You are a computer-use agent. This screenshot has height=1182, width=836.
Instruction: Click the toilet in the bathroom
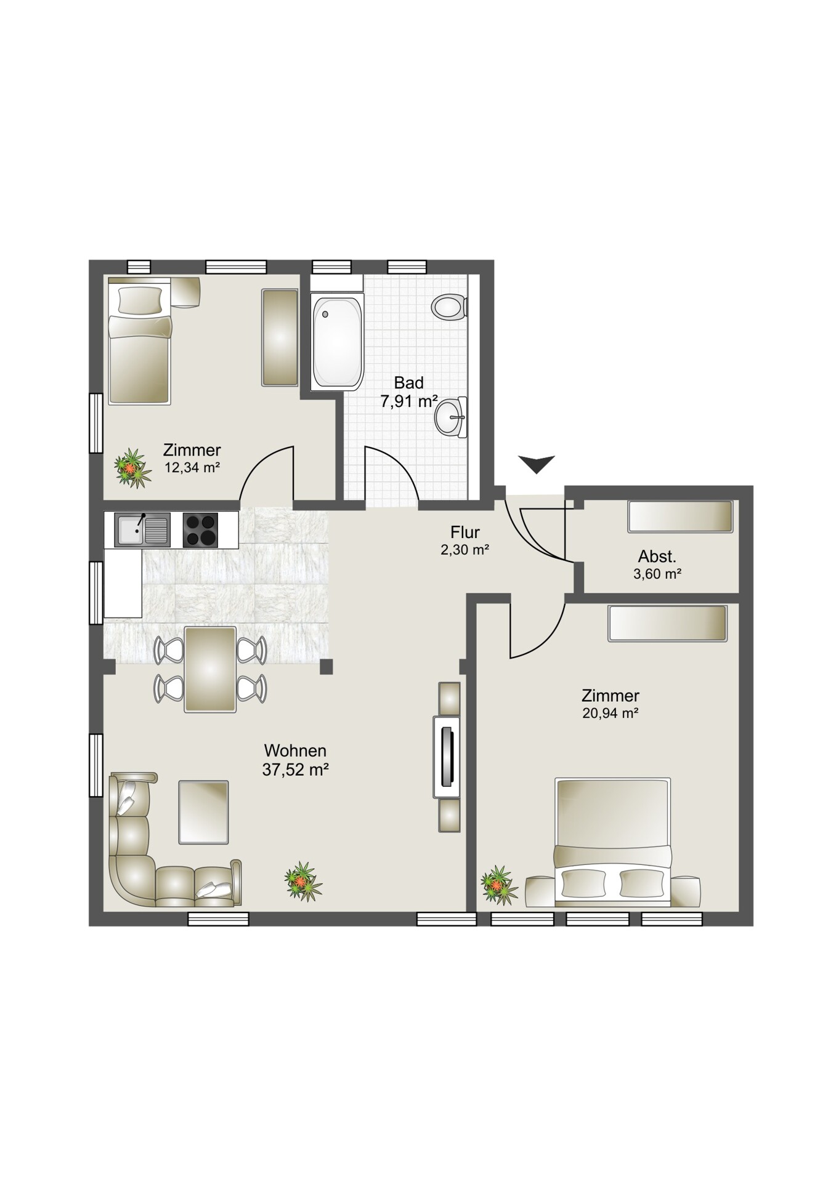(450, 307)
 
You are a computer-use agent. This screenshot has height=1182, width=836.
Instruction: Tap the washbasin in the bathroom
(452, 417)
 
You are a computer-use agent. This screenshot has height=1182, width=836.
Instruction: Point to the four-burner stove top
(201, 529)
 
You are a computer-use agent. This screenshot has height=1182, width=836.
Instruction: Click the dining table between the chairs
(211, 669)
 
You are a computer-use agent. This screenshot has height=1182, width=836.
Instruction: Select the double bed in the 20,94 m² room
(612, 842)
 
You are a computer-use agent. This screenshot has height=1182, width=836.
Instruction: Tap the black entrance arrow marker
(537, 464)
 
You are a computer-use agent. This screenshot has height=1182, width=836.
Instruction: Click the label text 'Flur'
(465, 532)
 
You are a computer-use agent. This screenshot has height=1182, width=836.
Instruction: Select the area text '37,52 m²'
(295, 770)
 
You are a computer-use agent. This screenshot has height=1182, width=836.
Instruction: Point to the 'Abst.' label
(657, 557)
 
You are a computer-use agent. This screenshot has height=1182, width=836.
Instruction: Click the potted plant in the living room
(303, 881)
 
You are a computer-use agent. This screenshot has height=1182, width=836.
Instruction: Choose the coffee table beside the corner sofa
(203, 812)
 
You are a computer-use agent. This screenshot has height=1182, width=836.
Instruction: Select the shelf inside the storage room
(680, 517)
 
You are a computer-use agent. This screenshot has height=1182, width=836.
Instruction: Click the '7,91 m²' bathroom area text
(408, 402)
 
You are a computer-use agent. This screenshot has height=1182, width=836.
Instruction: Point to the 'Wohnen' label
(295, 751)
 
